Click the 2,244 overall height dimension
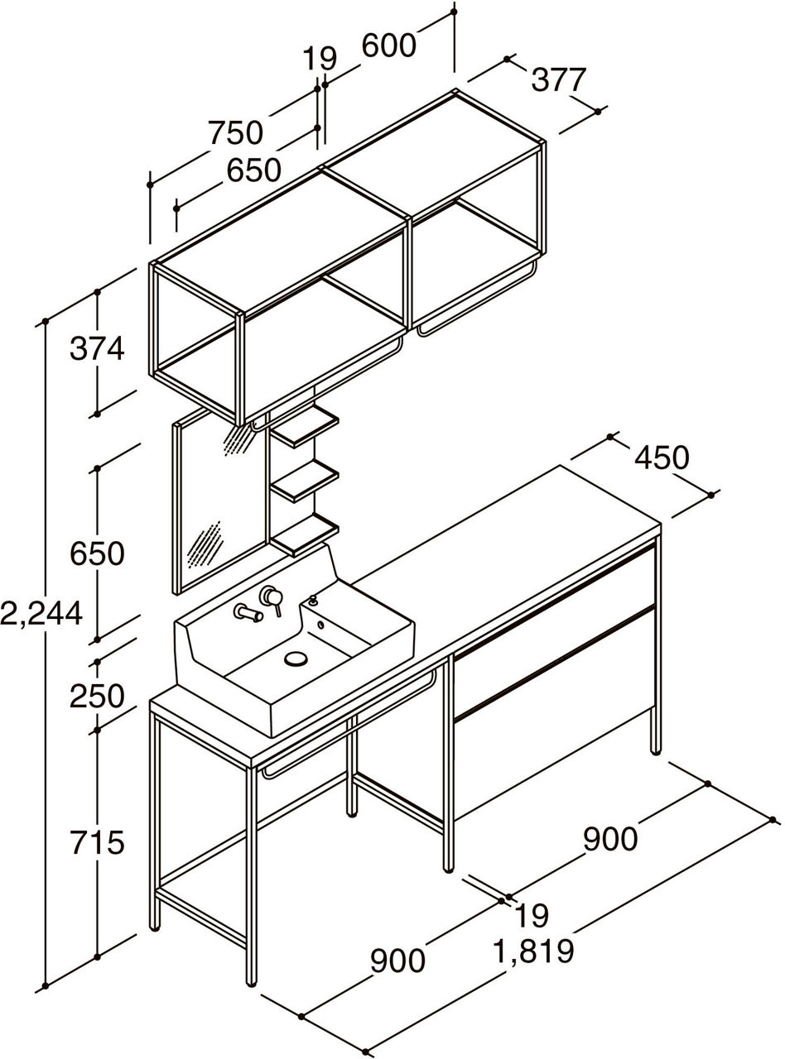pos(41,613)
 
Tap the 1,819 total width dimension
pos(533,951)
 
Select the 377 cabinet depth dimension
pos(558,80)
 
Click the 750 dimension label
pos(235,132)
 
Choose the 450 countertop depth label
pos(662,457)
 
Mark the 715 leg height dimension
pos(97,842)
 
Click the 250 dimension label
pos(97,696)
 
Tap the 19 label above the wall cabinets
pos(320,59)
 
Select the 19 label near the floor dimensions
pos(531,916)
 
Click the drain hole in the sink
pos(296,659)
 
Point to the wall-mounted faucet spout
pos(246,613)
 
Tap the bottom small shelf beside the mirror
pos(306,534)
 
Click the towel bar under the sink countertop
pos(348,724)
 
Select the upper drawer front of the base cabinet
pos(551,612)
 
